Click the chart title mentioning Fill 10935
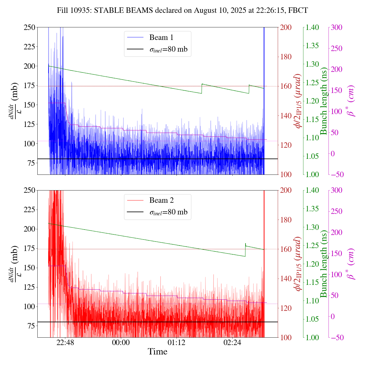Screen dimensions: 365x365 [x=182, y=11]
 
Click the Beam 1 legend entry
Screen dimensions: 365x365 [x=161, y=37]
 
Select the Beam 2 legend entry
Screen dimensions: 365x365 [x=161, y=200]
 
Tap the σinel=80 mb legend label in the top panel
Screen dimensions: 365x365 [x=169, y=49]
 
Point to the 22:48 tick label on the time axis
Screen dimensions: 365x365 [x=65, y=342]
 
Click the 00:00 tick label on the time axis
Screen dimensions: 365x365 [x=121, y=342]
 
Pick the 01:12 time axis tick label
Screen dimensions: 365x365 [x=177, y=342]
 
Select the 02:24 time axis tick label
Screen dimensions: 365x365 [x=232, y=342]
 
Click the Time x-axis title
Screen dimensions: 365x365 [x=157, y=352]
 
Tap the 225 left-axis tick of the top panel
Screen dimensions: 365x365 [x=29, y=46]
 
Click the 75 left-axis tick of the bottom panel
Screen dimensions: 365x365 [x=31, y=326]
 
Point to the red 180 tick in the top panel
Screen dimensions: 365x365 [x=286, y=57]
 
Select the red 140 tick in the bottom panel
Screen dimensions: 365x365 [x=286, y=279]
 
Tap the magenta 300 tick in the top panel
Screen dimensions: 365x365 [x=336, y=27]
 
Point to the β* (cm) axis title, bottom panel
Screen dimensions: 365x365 [x=351, y=264]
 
